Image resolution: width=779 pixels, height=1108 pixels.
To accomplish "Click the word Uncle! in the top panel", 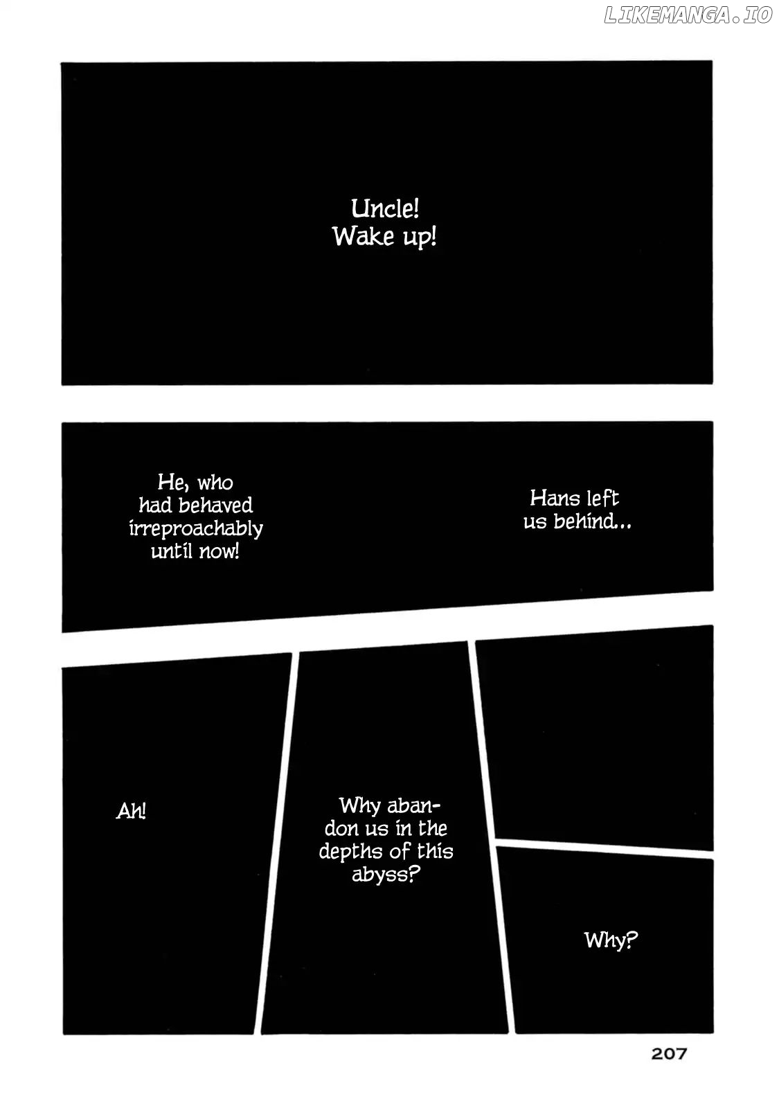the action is click(x=385, y=208).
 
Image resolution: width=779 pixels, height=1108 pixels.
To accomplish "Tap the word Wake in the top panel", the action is click(x=363, y=236).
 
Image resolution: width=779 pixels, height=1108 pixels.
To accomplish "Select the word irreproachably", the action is click(x=196, y=529).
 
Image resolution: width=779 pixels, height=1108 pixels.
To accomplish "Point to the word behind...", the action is click(x=592, y=521).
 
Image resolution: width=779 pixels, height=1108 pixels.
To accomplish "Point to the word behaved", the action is click(x=215, y=505).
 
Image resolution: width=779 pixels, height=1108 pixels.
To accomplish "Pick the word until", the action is click(x=171, y=551).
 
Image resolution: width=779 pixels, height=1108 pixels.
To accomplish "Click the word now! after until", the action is click(x=219, y=551).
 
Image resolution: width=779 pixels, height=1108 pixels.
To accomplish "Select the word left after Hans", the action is click(x=602, y=498).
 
